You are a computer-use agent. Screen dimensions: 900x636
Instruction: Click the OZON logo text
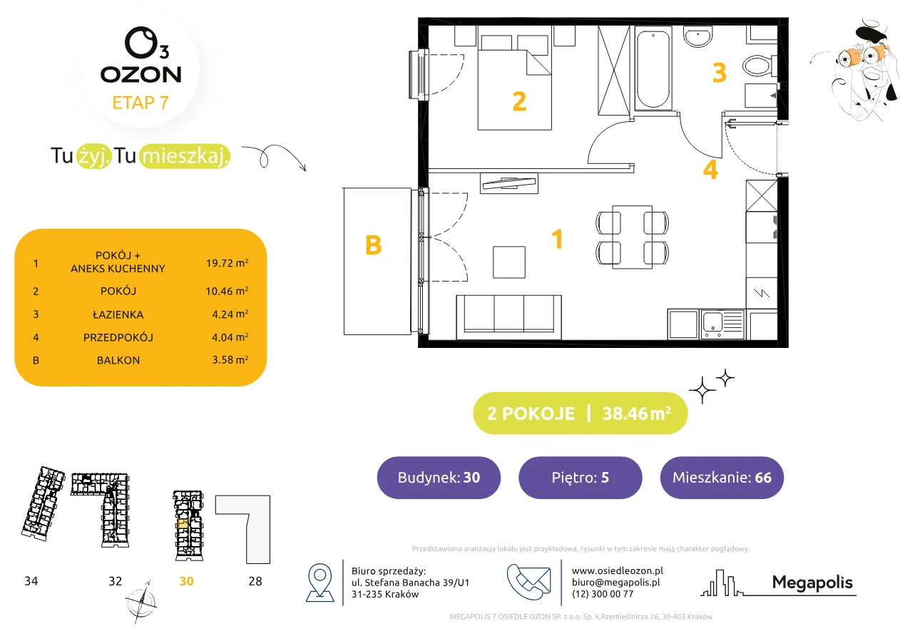pos(140,75)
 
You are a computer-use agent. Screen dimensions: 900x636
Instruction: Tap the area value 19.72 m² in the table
pos(227,263)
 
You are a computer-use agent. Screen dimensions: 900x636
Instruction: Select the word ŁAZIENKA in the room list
pos(118,314)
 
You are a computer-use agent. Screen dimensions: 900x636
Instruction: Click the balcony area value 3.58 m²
pos(230,359)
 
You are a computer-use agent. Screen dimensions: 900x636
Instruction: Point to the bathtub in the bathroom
pos(653,69)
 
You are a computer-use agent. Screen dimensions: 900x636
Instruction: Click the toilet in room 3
pos(760,66)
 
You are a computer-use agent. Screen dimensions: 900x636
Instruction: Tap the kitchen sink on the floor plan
pos(722,324)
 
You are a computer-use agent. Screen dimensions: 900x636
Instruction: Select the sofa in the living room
pos(508,317)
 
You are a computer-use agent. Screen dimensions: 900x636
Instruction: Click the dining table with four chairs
pos(632,237)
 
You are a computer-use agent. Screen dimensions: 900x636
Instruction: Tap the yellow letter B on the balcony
pos(373,245)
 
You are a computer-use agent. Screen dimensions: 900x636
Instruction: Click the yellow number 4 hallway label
pos(710,170)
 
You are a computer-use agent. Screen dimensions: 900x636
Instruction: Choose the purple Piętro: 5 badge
pos(581,477)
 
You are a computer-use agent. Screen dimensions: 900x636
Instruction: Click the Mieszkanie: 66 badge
pos(722,477)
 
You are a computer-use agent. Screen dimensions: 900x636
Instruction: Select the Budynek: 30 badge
pos(439,477)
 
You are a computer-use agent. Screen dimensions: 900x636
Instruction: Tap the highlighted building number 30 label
pos(186,581)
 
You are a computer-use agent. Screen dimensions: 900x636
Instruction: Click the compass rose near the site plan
pos(141,602)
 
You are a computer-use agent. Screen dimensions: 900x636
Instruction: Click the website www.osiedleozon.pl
pos(618,570)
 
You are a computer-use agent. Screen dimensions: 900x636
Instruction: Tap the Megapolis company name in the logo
pos(812,583)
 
